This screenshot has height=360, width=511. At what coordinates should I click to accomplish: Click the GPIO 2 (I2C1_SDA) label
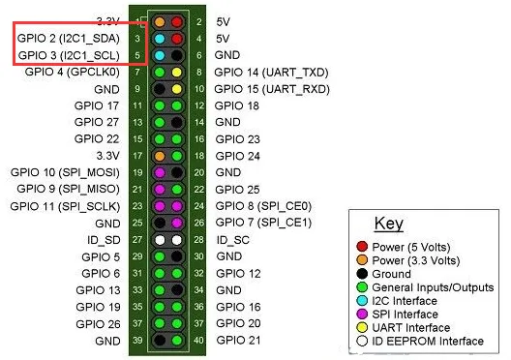tap(69, 39)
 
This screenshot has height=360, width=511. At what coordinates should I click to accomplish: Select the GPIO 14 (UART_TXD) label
tap(271, 73)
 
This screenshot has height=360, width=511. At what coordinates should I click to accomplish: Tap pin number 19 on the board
tap(137, 172)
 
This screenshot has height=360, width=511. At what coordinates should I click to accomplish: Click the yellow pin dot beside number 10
tap(177, 89)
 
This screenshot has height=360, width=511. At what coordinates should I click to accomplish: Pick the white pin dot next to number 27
tap(160, 240)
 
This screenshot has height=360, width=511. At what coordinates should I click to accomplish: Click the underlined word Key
tap(389, 224)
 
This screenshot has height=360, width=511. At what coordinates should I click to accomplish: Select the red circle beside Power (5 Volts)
tap(362, 247)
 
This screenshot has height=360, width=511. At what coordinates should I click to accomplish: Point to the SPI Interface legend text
tap(405, 315)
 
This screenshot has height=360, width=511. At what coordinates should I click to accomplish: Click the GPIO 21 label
tap(238, 341)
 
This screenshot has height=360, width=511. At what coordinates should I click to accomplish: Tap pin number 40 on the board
tap(198, 341)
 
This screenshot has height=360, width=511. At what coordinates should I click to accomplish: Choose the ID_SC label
tap(233, 240)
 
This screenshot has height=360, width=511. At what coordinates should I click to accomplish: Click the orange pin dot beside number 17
tap(160, 156)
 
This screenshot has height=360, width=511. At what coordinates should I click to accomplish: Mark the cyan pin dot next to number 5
tap(160, 55)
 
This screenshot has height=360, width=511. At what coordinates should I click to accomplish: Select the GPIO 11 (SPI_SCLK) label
tap(65, 206)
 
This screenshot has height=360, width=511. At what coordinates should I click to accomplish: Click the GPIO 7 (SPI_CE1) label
tap(263, 223)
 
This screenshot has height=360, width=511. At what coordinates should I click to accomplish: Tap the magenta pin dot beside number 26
tap(177, 223)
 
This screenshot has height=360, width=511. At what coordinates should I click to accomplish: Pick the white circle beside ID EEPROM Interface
tap(362, 341)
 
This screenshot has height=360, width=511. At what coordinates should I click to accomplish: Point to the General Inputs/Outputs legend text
tap(433, 287)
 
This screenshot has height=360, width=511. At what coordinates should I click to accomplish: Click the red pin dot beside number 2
tap(177, 22)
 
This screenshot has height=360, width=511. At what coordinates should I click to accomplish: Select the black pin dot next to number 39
tap(160, 341)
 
